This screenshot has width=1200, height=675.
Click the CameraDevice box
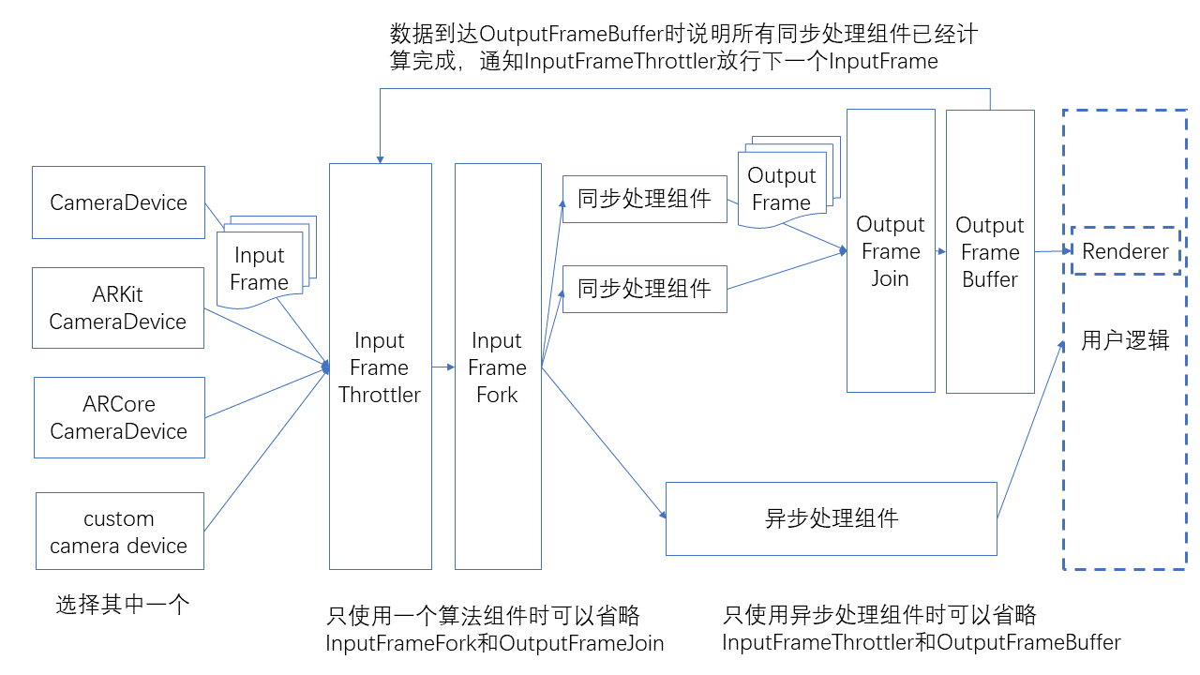[118, 202]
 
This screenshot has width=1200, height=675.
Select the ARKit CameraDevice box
[118, 308]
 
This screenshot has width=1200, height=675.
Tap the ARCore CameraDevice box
[119, 417]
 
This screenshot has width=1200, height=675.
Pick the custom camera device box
[119, 532]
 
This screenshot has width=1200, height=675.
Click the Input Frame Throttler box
[380, 367]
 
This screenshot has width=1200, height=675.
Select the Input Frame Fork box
[497, 367]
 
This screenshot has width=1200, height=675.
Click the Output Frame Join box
[891, 251]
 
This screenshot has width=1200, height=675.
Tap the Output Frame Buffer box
[990, 252]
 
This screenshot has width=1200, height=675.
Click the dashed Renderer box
[1125, 251]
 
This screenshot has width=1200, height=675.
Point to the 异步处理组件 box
[831, 518]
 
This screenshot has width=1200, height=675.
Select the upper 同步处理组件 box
[644, 199]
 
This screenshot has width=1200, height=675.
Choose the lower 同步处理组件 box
[644, 289]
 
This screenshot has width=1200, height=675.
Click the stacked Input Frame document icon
[260, 269]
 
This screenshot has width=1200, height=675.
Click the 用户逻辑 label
[1125, 340]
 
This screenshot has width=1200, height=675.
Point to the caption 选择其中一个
[123, 605]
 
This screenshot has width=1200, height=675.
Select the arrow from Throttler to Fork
[442, 367]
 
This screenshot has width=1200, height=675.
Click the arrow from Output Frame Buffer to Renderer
[1053, 251]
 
